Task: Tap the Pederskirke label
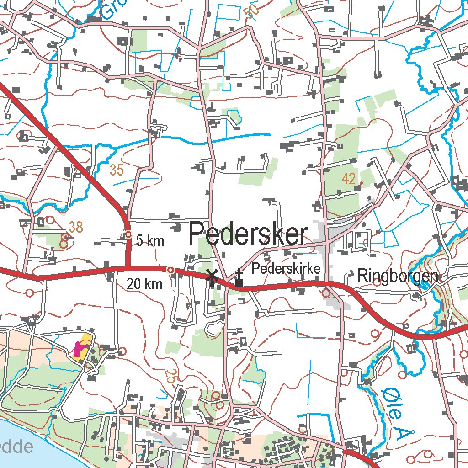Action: (286, 268)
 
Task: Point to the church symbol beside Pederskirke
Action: (239, 279)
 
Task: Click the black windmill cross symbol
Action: (212, 275)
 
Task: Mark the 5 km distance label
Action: (150, 241)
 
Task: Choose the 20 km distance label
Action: (144, 284)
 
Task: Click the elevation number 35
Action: (117, 170)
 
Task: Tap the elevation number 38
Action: (76, 226)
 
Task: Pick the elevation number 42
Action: (349, 179)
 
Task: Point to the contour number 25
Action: (170, 376)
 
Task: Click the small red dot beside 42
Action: (361, 183)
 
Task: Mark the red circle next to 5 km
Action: (129, 235)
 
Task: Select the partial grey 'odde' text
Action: (16, 447)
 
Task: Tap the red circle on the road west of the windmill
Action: (170, 270)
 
